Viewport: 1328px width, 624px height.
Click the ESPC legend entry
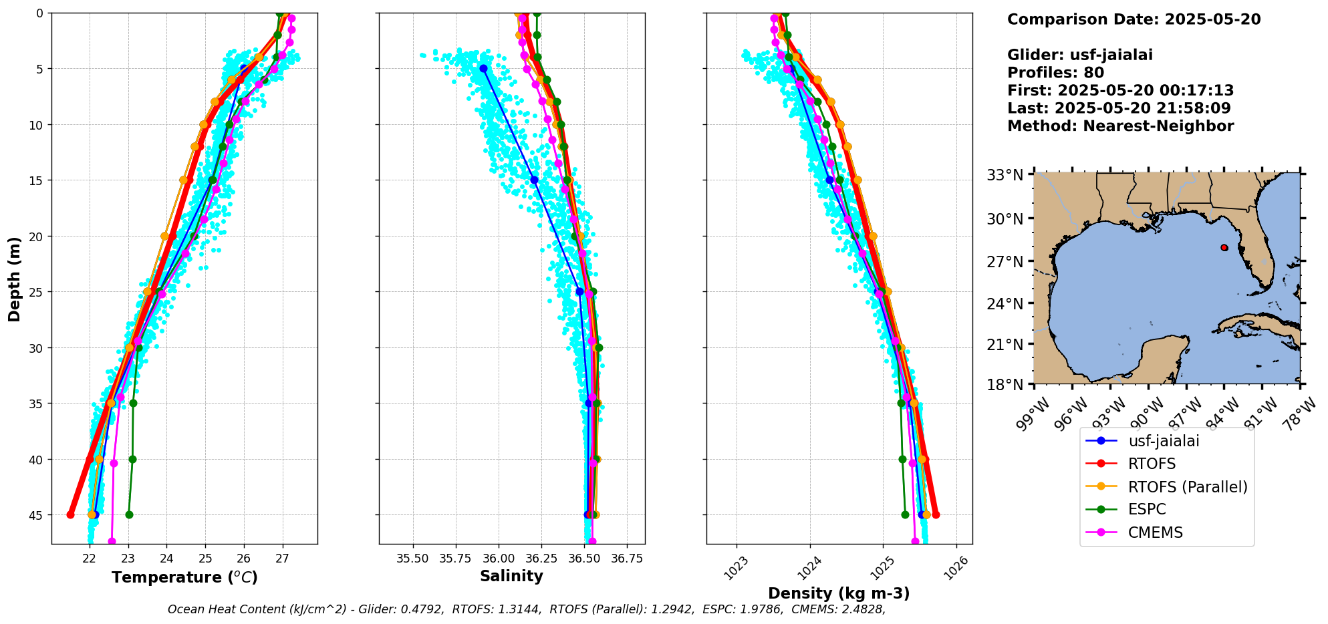pyautogui.click(x=1146, y=509)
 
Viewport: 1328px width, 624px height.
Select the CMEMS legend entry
pyautogui.click(x=1155, y=532)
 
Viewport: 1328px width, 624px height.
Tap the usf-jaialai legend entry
pyautogui.click(x=1164, y=441)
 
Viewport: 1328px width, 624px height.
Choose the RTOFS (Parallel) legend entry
pyautogui.click(x=1187, y=487)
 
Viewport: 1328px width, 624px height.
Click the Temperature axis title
pyautogui.click(x=184, y=577)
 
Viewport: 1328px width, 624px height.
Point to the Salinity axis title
pyautogui.click(x=511, y=576)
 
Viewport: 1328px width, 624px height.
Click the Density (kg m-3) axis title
pyautogui.click(x=839, y=593)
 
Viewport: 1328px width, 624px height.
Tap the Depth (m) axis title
pyautogui.click(x=15, y=279)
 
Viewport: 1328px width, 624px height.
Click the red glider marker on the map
pyautogui.click(x=1224, y=248)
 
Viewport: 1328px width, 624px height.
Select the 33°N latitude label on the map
pyautogui.click(x=1005, y=175)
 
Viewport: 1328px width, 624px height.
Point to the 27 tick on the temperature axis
pyautogui.click(x=282, y=558)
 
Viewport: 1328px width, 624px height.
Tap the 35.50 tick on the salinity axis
pyautogui.click(x=412, y=558)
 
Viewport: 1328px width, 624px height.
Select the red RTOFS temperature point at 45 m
pyautogui.click(x=71, y=514)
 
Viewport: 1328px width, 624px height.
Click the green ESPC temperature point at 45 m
pyautogui.click(x=129, y=514)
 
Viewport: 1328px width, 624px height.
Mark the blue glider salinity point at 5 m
pyautogui.click(x=483, y=69)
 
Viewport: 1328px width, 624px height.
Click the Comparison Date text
pyautogui.click(x=1134, y=19)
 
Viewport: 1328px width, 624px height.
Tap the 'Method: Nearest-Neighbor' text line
pyautogui.click(x=1120, y=126)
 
